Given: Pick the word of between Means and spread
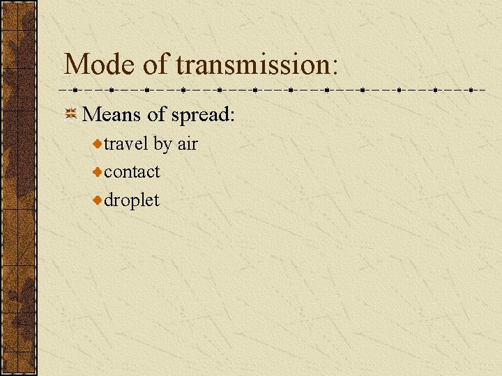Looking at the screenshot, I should click(156, 115).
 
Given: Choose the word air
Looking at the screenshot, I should click(188, 144).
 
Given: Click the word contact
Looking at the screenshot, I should click(132, 171).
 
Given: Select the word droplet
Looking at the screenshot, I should click(132, 201).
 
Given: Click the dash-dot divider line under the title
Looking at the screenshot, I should click(272, 91).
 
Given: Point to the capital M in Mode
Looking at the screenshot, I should click(76, 64).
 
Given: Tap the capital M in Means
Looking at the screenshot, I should click(91, 115).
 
